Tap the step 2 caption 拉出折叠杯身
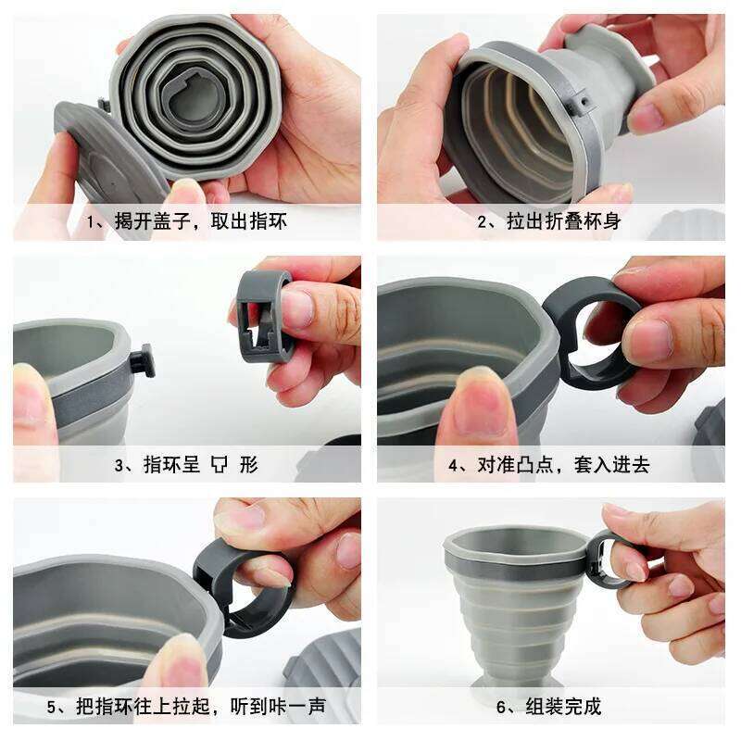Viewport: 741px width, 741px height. [x=550, y=222]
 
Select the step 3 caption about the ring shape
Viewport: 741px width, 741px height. [x=186, y=465]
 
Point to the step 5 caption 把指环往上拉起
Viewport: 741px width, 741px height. [x=186, y=707]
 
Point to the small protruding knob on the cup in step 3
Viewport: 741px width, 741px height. [x=143, y=360]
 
